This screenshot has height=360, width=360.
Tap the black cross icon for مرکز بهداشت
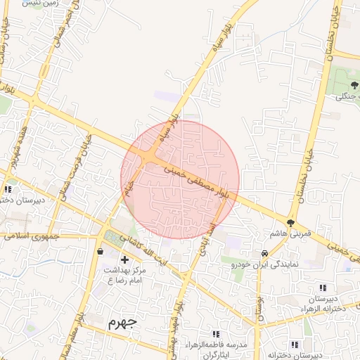coord(125,260)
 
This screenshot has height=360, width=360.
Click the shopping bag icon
coord(101,250)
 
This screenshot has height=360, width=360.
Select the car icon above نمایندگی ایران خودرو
coord(264,253)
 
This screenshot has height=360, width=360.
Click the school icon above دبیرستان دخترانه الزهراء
coord(323,288)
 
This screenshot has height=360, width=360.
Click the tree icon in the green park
coord(353,84)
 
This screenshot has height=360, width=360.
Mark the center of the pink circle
coord(180,179)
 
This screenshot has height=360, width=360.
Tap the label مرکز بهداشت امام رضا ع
coord(125,275)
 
